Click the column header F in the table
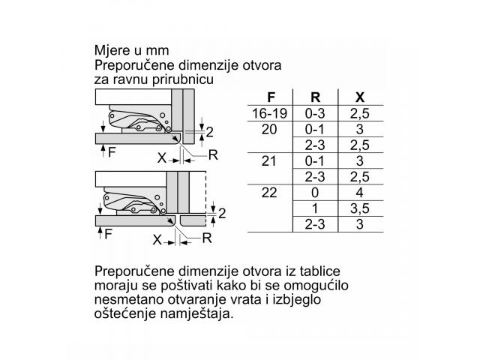(271, 97)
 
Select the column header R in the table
(315, 97)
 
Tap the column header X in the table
(360, 97)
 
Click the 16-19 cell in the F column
(269, 113)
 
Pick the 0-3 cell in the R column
(315, 113)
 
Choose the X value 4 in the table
(360, 193)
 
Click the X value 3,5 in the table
(360, 208)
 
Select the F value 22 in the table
(269, 193)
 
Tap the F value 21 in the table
(269, 161)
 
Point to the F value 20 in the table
(269, 130)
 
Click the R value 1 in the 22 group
(315, 208)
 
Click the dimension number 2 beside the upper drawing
(210, 132)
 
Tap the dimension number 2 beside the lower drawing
(222, 213)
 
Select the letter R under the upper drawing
(213, 155)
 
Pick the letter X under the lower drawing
(157, 240)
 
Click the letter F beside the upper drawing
(112, 151)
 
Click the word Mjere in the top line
(112, 51)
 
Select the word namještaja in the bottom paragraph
(197, 314)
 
